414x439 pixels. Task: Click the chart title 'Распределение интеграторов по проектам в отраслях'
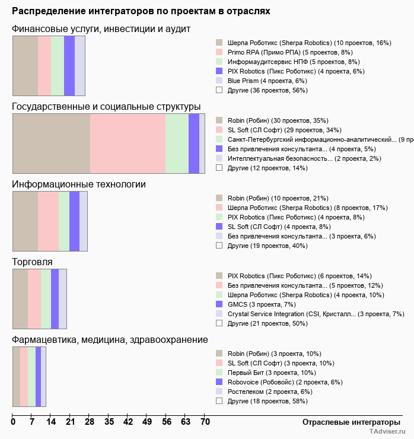coord(141,11)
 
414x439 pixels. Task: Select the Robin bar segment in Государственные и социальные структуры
coord(51,144)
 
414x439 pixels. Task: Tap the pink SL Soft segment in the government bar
coord(128,144)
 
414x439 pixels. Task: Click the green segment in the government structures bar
coord(177,144)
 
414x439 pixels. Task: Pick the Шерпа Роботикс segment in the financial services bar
coord(25,66)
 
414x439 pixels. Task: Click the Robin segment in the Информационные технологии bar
coord(25,221)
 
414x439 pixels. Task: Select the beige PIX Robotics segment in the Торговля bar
coord(20,299)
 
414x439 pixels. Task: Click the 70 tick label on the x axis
coord(205,422)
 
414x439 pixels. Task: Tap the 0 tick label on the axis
coord(13,422)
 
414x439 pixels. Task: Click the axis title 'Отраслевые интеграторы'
coord(348,422)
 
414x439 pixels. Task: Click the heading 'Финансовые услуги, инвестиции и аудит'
coord(101,29)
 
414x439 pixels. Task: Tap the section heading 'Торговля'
coord(33,262)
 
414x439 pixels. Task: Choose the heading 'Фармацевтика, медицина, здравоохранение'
coord(110,339)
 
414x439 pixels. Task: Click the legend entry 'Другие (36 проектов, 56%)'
coord(267,90)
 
